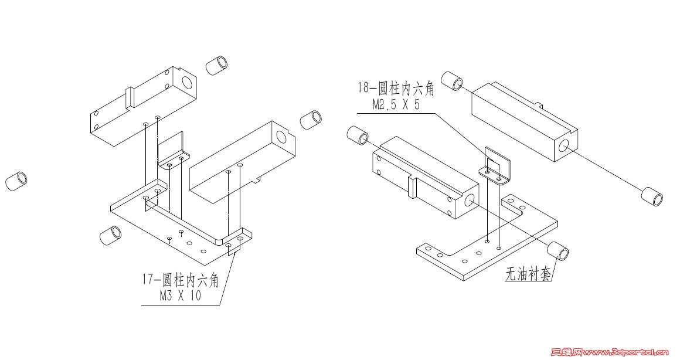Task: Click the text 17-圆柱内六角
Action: [180, 281]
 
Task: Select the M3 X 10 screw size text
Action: [180, 296]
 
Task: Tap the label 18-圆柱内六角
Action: [397, 89]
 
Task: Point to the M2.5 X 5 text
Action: [397, 104]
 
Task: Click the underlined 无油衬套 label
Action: [528, 274]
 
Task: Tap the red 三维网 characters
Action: [567, 353]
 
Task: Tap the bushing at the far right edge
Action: [652, 196]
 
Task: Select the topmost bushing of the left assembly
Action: [216, 64]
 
